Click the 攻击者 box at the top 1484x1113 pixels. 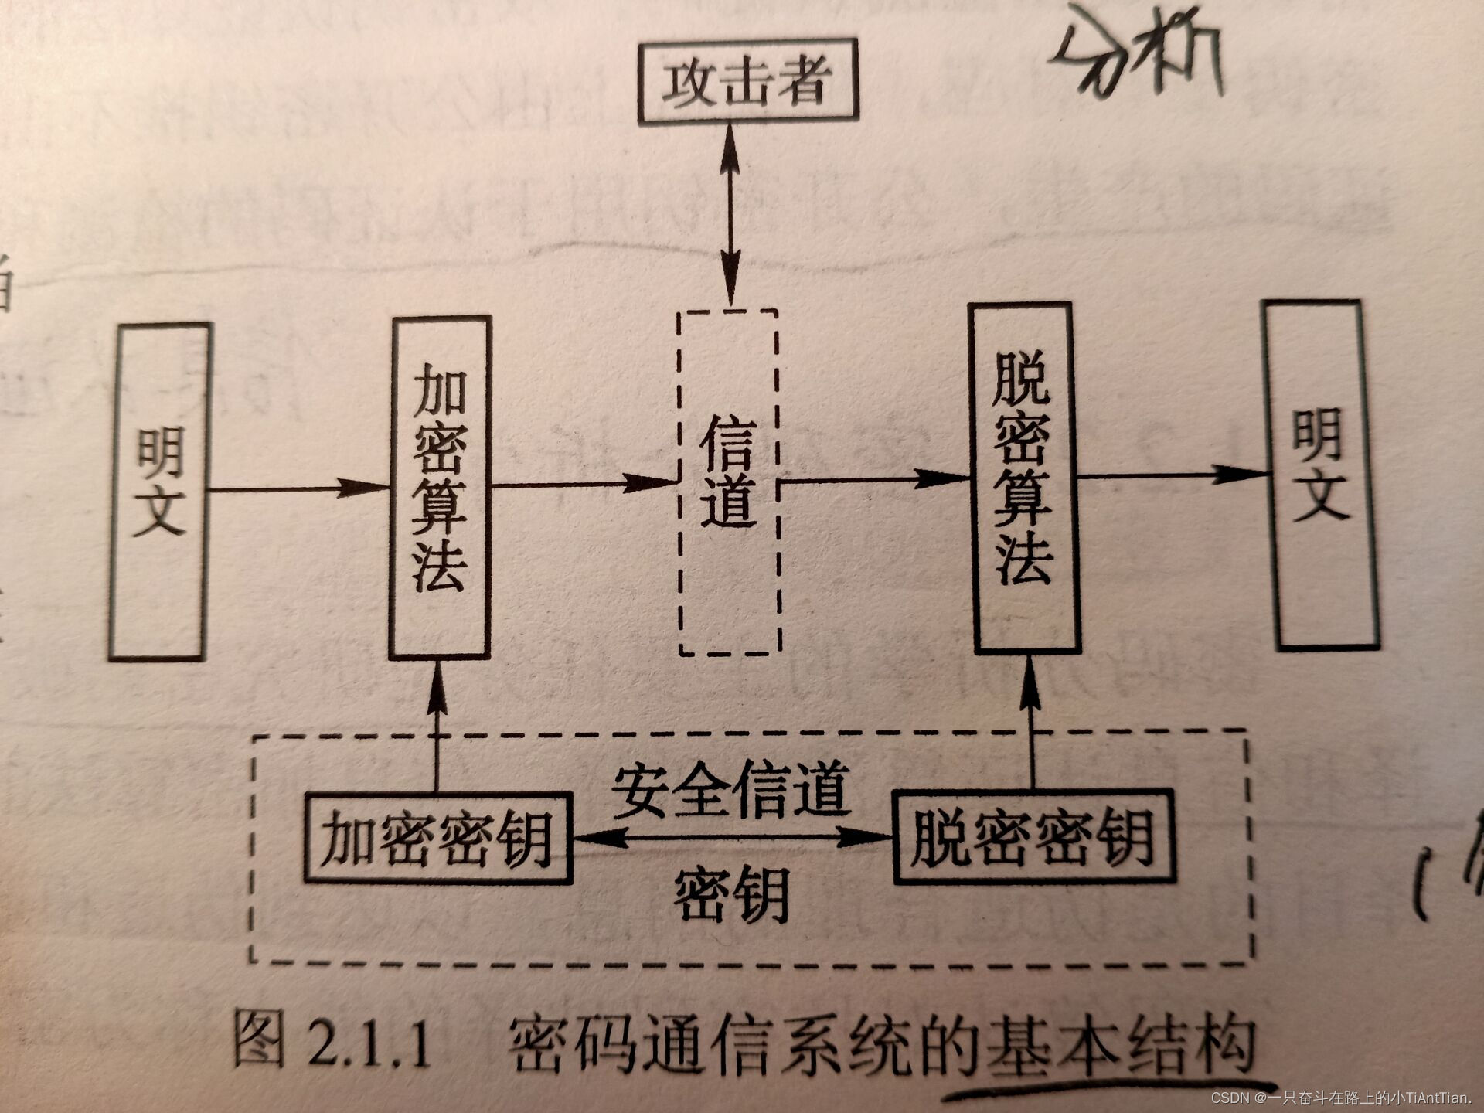[747, 80]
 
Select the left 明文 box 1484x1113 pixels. [159, 492]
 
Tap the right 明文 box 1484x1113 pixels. [1320, 475]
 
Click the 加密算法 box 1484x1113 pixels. [440, 487]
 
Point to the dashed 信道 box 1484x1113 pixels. [728, 482]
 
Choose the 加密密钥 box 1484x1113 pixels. [438, 838]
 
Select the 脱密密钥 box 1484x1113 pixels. [1033, 836]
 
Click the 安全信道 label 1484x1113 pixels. [731, 790]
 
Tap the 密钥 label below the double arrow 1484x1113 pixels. [731, 894]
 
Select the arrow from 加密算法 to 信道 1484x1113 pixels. [584, 485]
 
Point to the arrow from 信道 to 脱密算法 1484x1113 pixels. [873, 479]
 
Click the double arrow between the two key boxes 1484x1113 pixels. [731, 837]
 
